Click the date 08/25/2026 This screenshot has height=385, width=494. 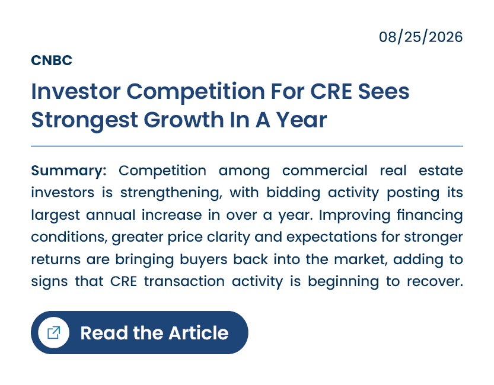pos(420,37)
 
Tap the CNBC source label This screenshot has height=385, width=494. pos(52,60)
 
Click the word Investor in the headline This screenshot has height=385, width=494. pos(76,92)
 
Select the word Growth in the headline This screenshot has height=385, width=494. pos(184,120)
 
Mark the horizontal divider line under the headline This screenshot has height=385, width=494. pos(247,146)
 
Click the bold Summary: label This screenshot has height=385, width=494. pos(69,171)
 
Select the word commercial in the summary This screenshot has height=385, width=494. pos(325,171)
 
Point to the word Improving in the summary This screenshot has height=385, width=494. pos(355,216)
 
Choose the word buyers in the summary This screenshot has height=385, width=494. pos(203,259)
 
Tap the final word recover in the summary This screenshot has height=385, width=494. pos(435,281)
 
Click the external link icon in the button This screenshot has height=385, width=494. pos(53,332)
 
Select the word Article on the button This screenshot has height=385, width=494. pos(199,333)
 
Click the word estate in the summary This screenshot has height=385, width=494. pos(441,171)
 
